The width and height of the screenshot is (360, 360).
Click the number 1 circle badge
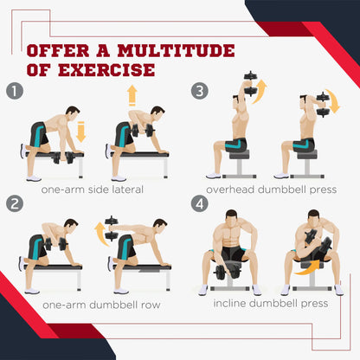click(x=15, y=92)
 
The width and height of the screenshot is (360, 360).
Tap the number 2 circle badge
click(x=15, y=203)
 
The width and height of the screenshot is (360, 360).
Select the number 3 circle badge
click(x=200, y=92)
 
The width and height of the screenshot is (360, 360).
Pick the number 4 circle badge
click(x=200, y=203)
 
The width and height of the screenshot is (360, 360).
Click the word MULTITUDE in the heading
click(x=176, y=51)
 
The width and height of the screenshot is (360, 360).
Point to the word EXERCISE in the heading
click(x=106, y=70)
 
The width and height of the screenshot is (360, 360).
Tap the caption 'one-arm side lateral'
click(x=93, y=190)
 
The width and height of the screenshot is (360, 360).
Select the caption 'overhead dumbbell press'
click(x=272, y=190)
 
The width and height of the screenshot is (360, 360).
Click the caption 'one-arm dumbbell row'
click(x=101, y=305)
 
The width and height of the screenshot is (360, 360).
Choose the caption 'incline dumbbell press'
click(x=271, y=303)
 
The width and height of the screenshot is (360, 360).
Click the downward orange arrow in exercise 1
click(x=80, y=132)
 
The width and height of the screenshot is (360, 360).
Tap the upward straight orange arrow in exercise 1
click(x=132, y=95)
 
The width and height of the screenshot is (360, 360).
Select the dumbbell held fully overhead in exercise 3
click(x=250, y=84)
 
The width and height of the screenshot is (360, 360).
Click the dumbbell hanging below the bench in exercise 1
click(x=63, y=158)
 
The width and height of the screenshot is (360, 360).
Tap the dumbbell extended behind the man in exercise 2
click(x=112, y=228)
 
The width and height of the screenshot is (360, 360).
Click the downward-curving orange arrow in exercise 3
click(x=332, y=101)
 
